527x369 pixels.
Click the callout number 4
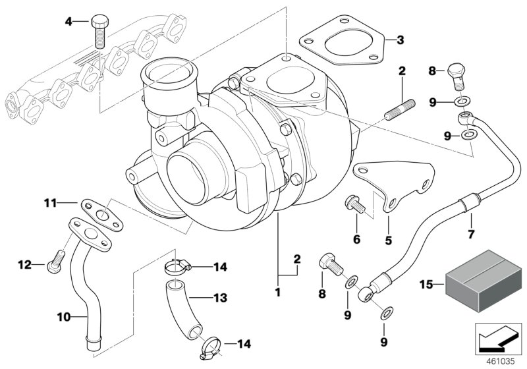point(68,21)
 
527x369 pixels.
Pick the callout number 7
point(470,234)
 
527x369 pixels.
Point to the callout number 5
point(389,241)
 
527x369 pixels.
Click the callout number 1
point(277,291)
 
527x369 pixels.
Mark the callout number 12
point(24,265)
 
